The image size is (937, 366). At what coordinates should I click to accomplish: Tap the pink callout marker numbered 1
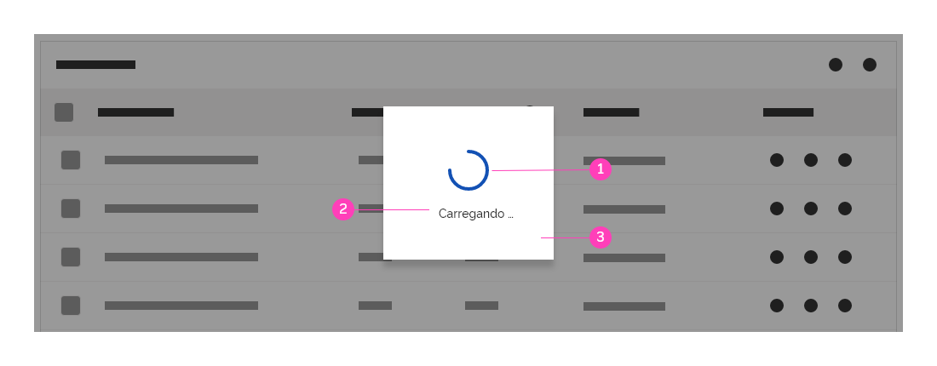600,169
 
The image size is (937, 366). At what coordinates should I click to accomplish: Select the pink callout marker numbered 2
343,209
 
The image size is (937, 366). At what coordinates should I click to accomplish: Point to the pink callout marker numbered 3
600,237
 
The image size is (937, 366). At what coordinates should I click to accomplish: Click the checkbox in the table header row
64,112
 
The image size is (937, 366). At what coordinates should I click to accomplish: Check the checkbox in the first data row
71,160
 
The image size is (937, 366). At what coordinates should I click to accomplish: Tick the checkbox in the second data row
71,209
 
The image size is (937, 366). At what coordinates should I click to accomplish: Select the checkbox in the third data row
71,257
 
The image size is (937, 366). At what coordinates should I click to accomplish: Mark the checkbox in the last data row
71,305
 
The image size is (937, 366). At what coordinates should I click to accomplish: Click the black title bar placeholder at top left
95,65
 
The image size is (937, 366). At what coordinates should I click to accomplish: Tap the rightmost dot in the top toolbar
870,65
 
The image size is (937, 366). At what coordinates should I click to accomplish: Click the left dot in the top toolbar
836,65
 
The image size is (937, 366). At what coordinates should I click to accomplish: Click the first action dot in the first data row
777,160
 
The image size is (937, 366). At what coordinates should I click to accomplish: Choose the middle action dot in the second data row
811,209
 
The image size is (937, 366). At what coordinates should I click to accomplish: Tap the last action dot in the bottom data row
845,306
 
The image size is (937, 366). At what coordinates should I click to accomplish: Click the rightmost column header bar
788,112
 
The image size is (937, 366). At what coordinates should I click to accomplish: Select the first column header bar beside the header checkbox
135,112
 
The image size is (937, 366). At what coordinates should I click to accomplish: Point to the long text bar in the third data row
181,257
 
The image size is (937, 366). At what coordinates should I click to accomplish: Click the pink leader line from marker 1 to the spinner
541,170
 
